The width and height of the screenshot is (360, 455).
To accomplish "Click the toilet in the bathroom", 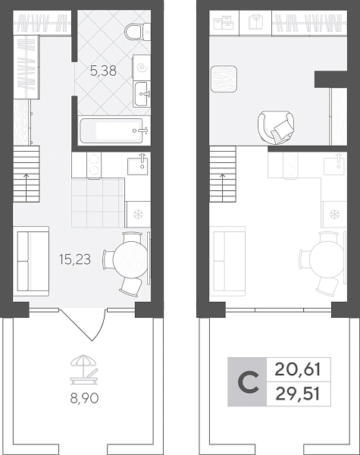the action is click(x=137, y=32).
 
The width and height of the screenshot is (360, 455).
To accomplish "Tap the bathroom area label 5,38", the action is click(x=104, y=71).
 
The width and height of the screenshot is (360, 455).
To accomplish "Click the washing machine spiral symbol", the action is click(x=142, y=68).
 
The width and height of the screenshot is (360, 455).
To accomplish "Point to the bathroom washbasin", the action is click(x=142, y=94).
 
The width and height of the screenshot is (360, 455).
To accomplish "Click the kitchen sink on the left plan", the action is click(x=138, y=165).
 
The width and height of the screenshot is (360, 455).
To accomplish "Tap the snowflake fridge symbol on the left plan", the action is click(x=137, y=215).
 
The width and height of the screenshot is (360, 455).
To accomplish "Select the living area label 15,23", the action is click(x=74, y=259).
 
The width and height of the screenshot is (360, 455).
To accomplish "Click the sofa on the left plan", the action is click(x=33, y=261).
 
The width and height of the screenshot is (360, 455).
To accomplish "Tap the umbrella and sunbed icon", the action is click(x=84, y=369).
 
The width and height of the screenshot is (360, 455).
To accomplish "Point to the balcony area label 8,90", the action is click(x=84, y=398).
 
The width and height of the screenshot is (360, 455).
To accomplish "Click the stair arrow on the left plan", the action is click(x=27, y=188).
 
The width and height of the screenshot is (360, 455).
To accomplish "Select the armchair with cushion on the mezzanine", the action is click(x=276, y=127).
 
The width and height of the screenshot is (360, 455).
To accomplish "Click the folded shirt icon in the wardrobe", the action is click(x=255, y=22).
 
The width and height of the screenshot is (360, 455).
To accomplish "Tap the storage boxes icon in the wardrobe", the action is click(x=224, y=23).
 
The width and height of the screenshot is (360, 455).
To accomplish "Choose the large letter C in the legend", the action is click(x=247, y=382).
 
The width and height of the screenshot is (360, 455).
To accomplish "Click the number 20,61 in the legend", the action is click(x=298, y=370).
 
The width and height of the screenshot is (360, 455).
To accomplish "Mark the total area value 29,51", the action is click(x=298, y=394).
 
